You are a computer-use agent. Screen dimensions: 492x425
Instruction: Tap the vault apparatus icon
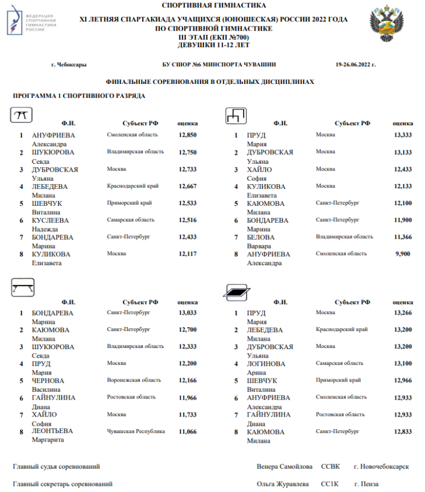point(22,116)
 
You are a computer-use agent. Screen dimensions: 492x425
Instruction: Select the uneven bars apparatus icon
point(236,116)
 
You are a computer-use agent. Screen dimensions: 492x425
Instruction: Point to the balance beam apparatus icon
point(23,288)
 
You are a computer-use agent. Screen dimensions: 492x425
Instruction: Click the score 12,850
point(188,135)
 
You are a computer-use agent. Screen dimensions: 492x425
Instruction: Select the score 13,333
point(402,135)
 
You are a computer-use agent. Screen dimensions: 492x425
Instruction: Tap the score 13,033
point(188,312)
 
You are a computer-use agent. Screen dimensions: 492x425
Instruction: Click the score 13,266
point(402,312)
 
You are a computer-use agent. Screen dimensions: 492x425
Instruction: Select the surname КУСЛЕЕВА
point(50,220)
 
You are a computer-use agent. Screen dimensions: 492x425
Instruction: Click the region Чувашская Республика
point(136,431)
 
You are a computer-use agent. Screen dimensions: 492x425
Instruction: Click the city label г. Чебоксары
point(69,65)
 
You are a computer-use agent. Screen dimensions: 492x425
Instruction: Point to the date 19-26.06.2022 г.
point(356,65)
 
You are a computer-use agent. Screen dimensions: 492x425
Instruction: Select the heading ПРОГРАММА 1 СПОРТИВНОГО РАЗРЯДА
point(79,96)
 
